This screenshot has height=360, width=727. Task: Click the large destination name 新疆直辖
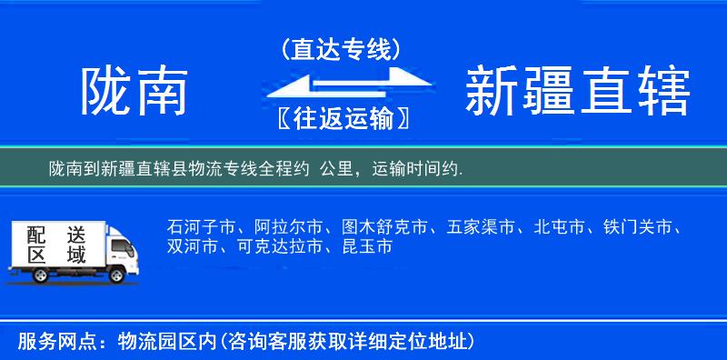[x=576, y=92]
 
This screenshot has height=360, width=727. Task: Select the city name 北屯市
[x=562, y=226]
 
